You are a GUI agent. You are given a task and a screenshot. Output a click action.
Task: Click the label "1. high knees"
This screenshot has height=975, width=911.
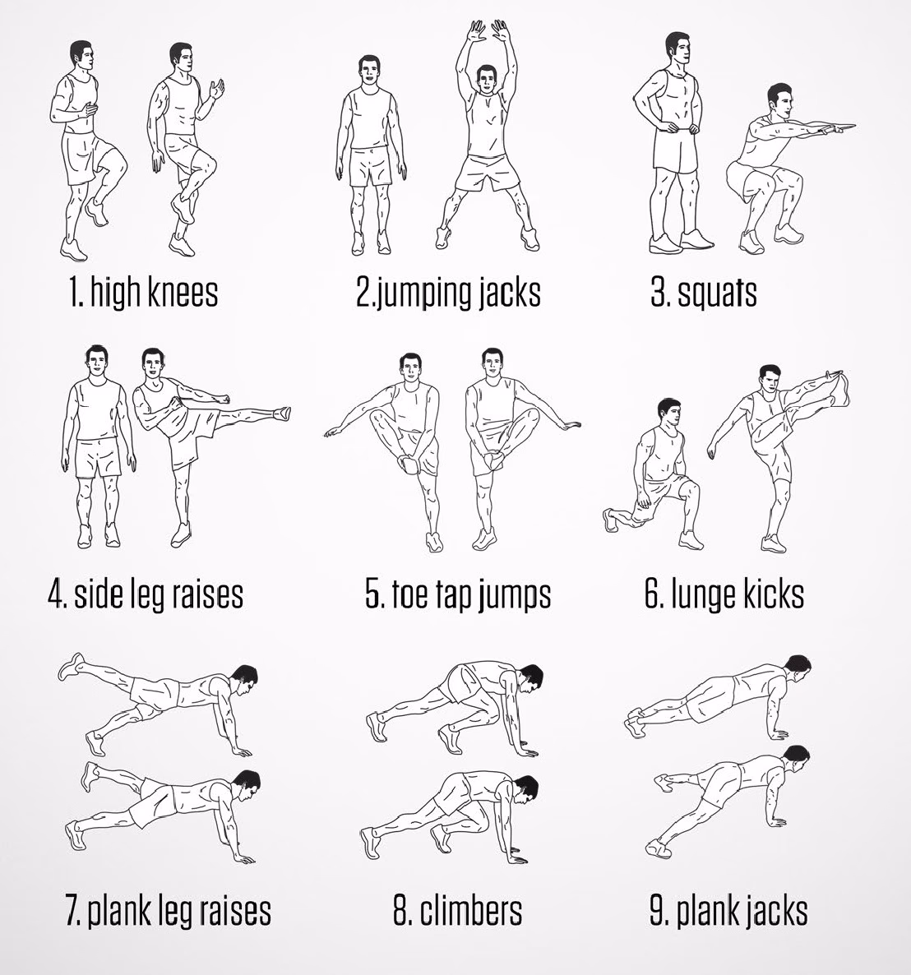143,292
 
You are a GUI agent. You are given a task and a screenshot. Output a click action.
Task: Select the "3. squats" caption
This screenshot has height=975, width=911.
703,292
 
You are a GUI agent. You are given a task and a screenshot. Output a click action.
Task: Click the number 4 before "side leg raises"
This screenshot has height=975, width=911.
56,594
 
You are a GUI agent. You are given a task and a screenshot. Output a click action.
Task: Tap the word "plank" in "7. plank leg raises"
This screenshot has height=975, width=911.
118,911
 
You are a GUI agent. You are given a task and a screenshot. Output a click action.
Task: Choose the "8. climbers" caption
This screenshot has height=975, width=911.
457,911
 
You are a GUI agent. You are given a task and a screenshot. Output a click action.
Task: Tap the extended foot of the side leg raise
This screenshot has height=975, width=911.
281,411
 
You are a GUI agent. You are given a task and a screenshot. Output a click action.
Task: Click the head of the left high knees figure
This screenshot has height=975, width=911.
81,55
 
